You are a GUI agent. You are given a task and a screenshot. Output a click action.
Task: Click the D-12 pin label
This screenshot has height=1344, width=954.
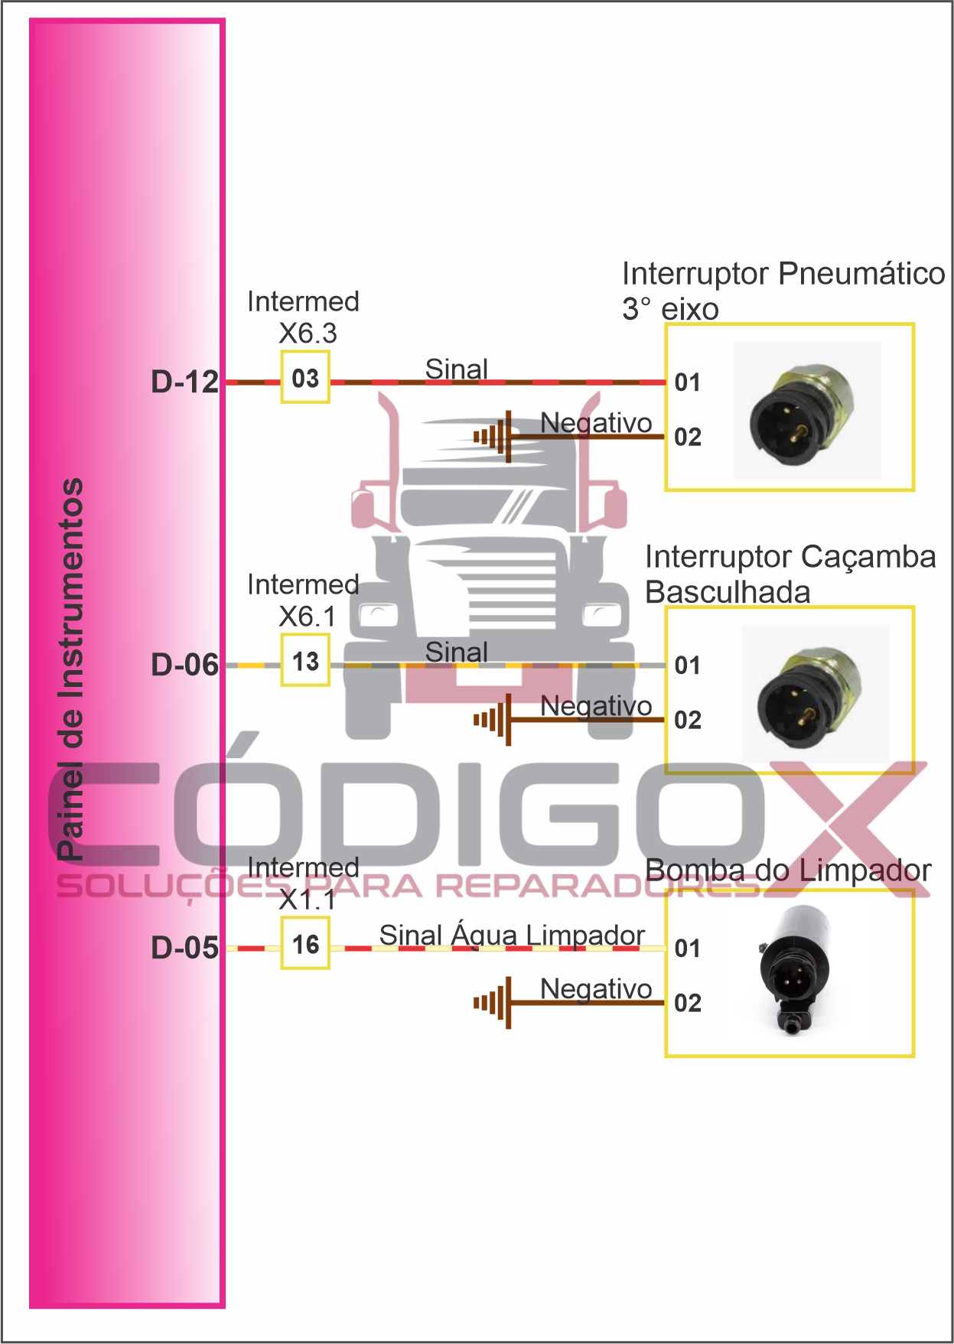coord(185,382)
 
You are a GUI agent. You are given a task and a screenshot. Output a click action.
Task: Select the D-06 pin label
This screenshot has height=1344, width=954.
coord(185,665)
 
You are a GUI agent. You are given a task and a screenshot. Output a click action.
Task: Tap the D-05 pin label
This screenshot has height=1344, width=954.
coord(185,948)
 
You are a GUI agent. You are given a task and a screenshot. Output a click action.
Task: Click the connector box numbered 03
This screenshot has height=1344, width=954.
coord(305,377)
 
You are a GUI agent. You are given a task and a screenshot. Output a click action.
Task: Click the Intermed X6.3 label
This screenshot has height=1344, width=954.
coord(304,317)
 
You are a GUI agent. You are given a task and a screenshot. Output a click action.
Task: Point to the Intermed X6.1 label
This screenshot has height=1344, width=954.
coord(304,600)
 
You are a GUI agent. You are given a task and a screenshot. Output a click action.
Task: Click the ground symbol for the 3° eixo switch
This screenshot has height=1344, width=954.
coord(493,437)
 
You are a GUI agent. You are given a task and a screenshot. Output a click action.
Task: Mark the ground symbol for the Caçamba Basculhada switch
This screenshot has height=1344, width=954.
coord(493,720)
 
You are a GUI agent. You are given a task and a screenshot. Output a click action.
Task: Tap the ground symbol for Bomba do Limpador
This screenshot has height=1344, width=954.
coord(493,1003)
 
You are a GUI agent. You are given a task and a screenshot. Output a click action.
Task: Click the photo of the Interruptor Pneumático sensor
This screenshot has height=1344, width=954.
coord(807,411)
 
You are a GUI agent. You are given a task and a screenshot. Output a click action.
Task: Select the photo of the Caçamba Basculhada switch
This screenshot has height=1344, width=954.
coord(815,694)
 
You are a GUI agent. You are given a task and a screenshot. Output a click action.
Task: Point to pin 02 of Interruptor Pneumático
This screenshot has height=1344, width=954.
coord(688,437)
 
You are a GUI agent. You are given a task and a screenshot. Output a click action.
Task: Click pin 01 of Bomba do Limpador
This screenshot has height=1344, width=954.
coord(688,949)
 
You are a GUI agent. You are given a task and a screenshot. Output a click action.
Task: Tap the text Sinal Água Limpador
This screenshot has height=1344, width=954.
coord(512,935)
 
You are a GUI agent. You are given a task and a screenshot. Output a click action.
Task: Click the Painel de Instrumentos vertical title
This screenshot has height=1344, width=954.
coord(70,669)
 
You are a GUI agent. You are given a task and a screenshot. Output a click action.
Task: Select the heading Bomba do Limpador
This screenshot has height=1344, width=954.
coord(788,871)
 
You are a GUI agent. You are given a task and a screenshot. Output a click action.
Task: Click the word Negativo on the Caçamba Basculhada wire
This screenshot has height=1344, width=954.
coord(596,707)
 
